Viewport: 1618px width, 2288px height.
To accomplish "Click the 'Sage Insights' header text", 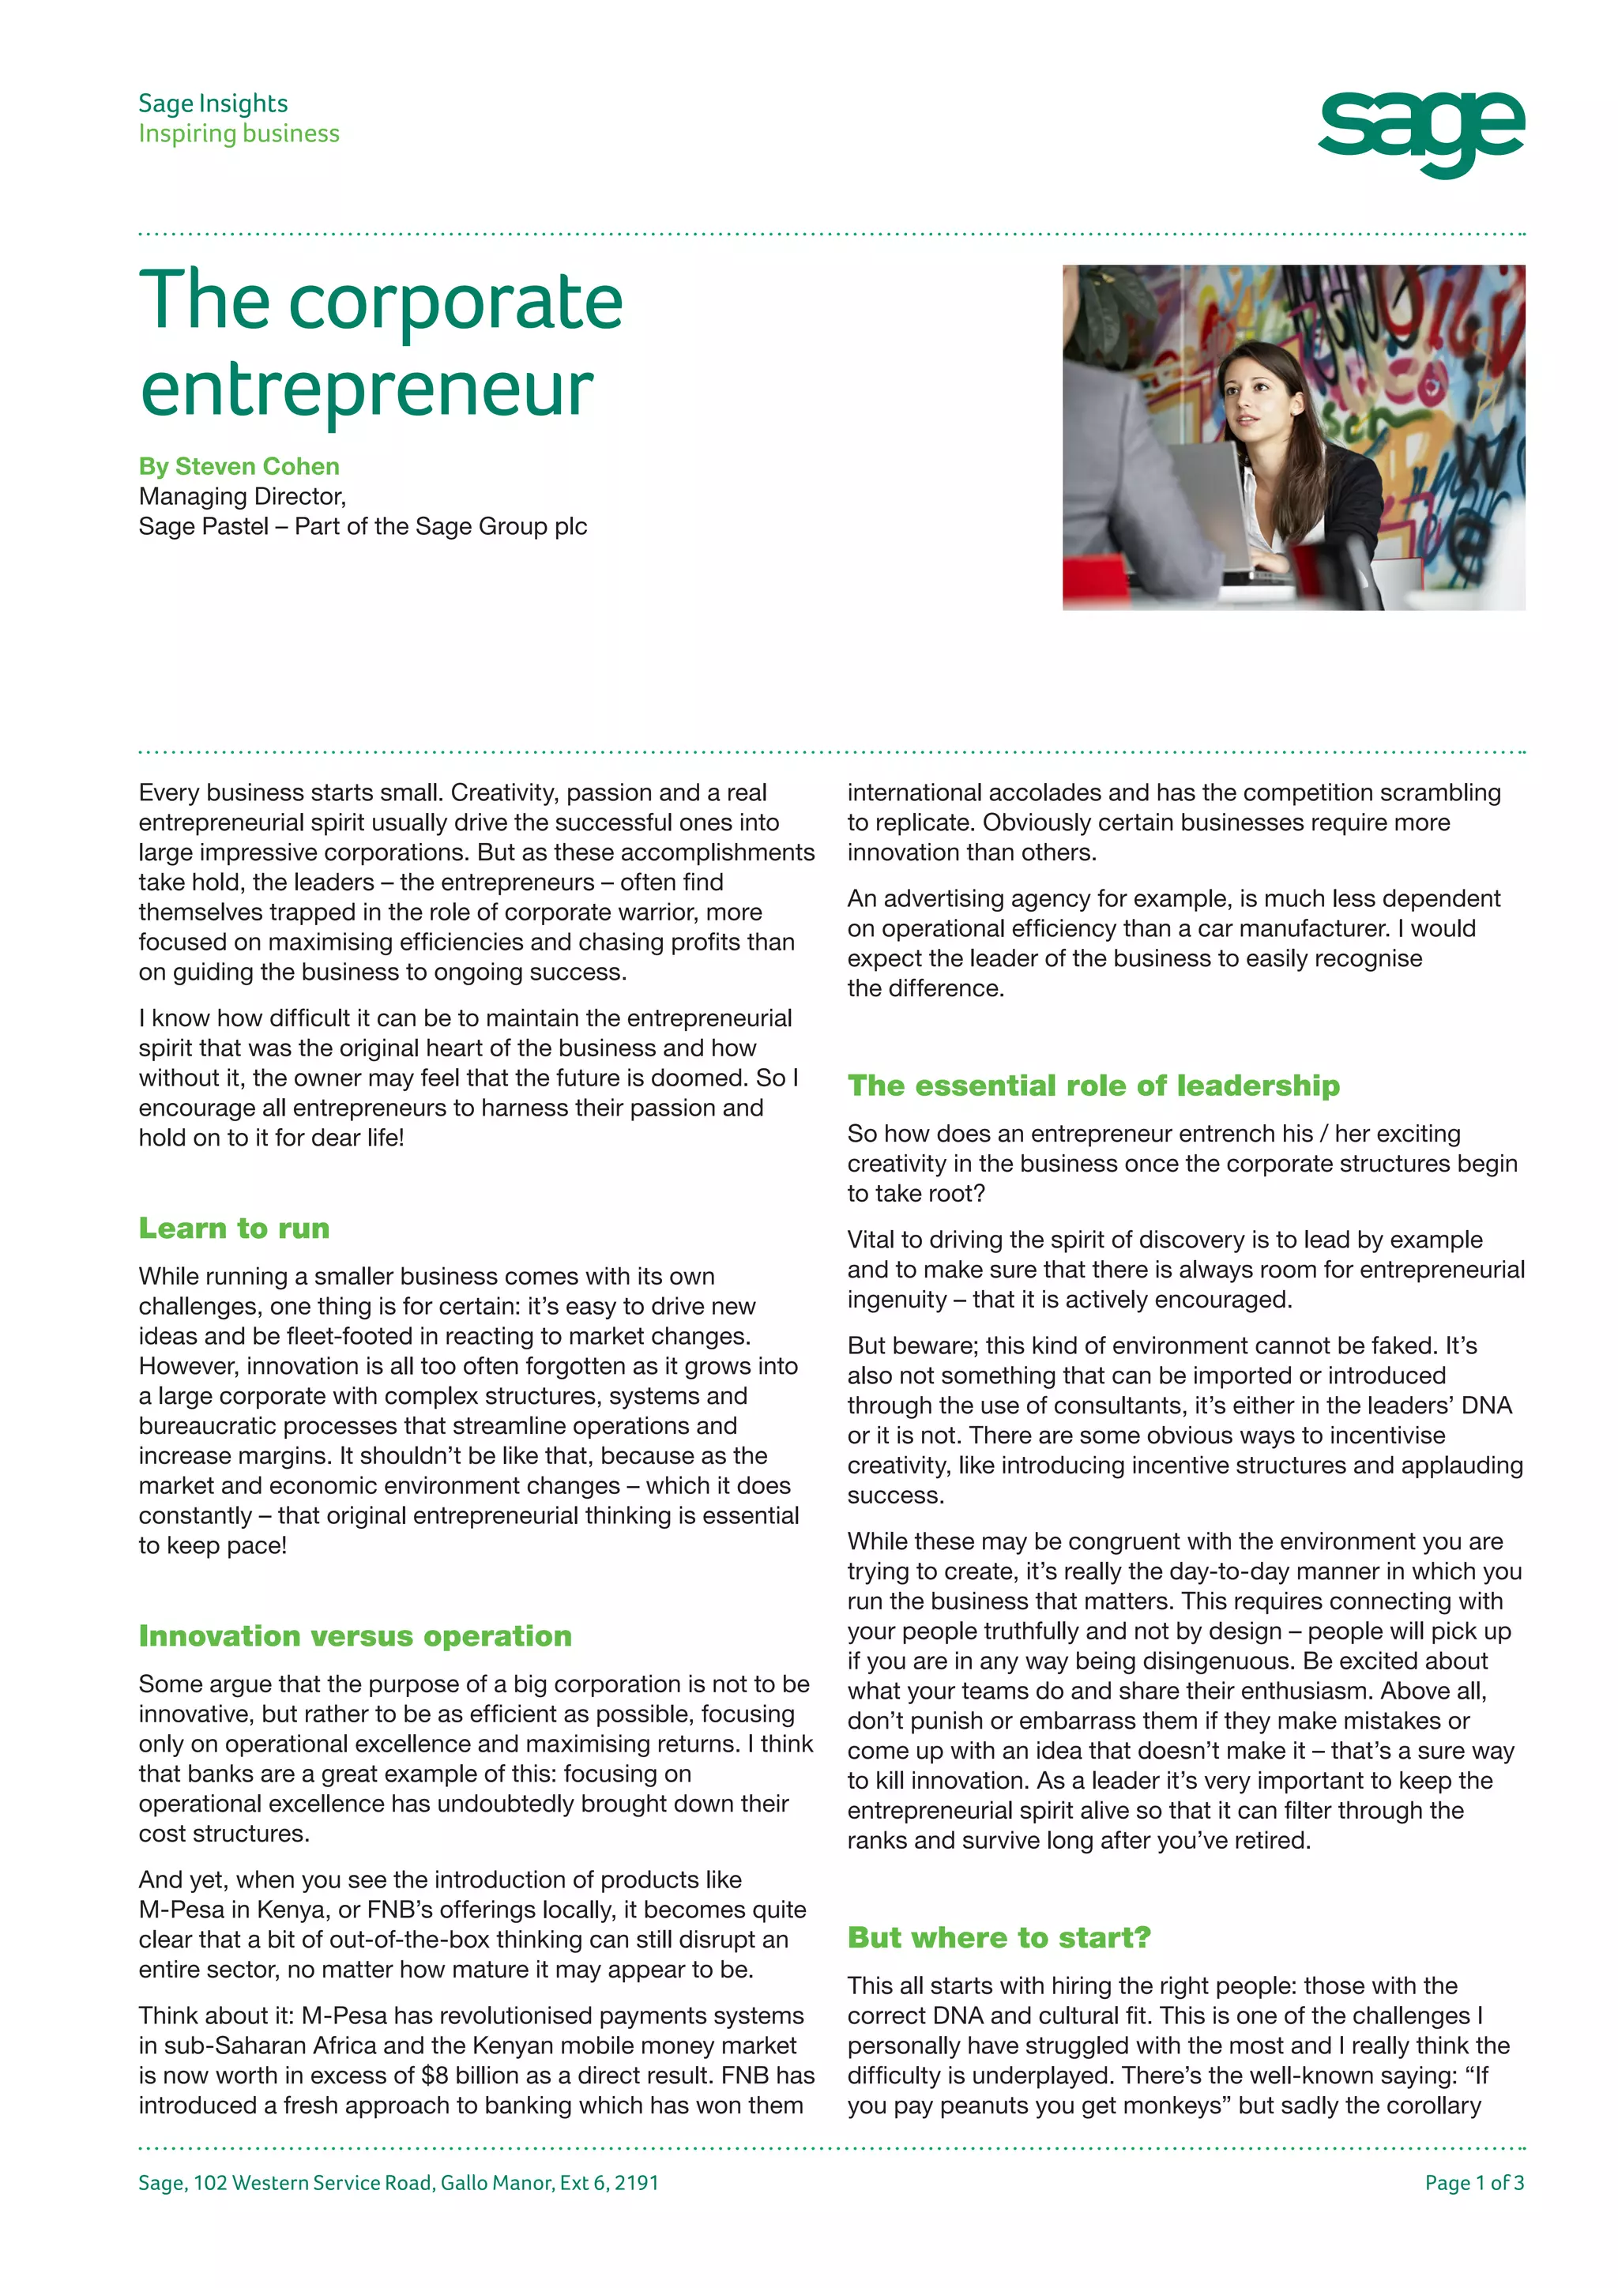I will (x=213, y=103).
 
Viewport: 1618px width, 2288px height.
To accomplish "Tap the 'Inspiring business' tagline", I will (x=239, y=134).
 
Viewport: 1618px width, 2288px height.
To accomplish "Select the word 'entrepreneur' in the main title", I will (x=367, y=389).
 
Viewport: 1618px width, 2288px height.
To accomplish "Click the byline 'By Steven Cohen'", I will (x=239, y=466).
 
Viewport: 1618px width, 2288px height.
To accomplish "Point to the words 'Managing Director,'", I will (x=242, y=496).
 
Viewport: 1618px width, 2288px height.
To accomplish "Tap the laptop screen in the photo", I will (x=1206, y=499).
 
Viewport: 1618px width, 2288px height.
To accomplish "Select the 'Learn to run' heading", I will (x=234, y=1228).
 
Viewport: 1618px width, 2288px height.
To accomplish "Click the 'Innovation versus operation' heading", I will (x=356, y=1635).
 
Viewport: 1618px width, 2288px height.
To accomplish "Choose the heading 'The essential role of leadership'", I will (x=1093, y=1086).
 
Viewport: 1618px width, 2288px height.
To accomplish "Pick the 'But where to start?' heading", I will (x=999, y=1937).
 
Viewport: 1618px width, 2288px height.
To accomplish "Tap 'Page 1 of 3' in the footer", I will (x=1473, y=2182).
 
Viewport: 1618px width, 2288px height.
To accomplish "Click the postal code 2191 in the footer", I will (x=637, y=2182).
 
